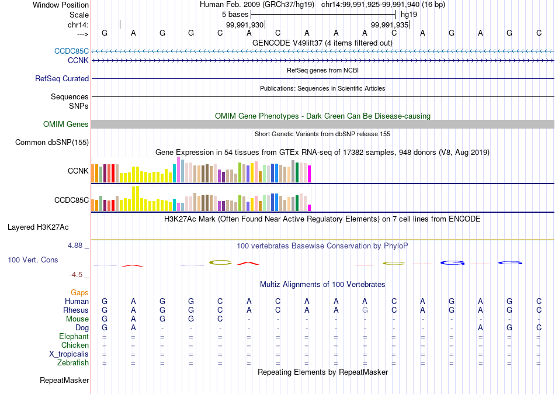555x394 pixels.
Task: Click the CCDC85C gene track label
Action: tap(72, 51)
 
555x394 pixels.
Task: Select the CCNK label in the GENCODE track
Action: tap(78, 60)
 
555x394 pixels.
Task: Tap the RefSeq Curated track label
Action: tap(62, 78)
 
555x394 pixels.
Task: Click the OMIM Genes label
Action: tap(66, 124)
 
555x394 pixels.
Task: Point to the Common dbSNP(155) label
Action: tap(52, 142)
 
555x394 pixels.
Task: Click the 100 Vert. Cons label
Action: tap(33, 260)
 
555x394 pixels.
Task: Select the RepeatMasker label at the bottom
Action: tap(64, 381)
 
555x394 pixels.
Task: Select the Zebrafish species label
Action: tap(73, 363)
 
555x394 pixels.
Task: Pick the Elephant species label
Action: tap(74, 336)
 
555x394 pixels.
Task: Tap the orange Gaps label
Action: tap(79, 292)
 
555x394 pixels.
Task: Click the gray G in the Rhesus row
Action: tap(365, 310)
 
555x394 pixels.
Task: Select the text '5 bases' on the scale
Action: tap(235, 14)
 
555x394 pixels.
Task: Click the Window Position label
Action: tap(61, 5)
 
